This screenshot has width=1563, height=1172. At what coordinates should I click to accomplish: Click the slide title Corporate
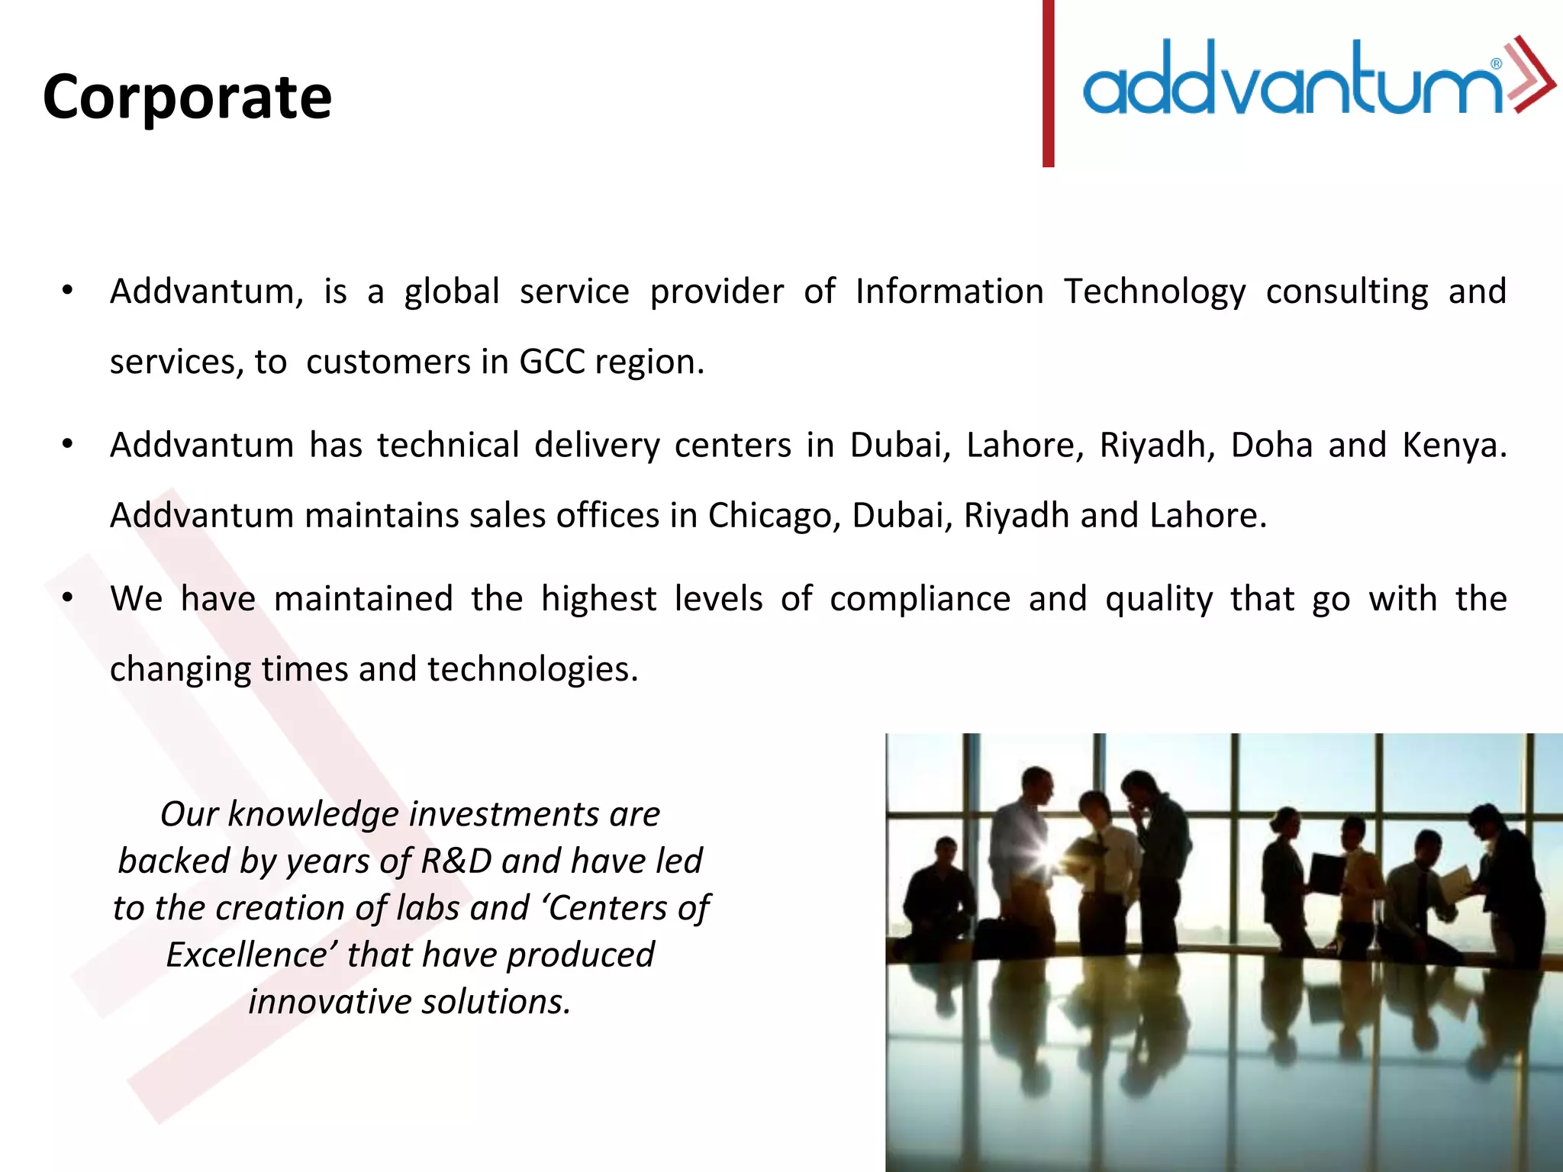(187, 97)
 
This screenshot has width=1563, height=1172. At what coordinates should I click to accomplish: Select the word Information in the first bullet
(949, 291)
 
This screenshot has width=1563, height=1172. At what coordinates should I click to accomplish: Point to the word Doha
(1271, 445)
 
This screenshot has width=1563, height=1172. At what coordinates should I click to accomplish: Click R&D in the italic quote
(456, 861)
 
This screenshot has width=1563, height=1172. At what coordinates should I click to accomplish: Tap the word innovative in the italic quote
(330, 1002)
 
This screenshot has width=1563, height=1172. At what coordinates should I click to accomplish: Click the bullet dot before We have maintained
(68, 597)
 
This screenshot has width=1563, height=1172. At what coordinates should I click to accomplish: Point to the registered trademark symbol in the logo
(1497, 64)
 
